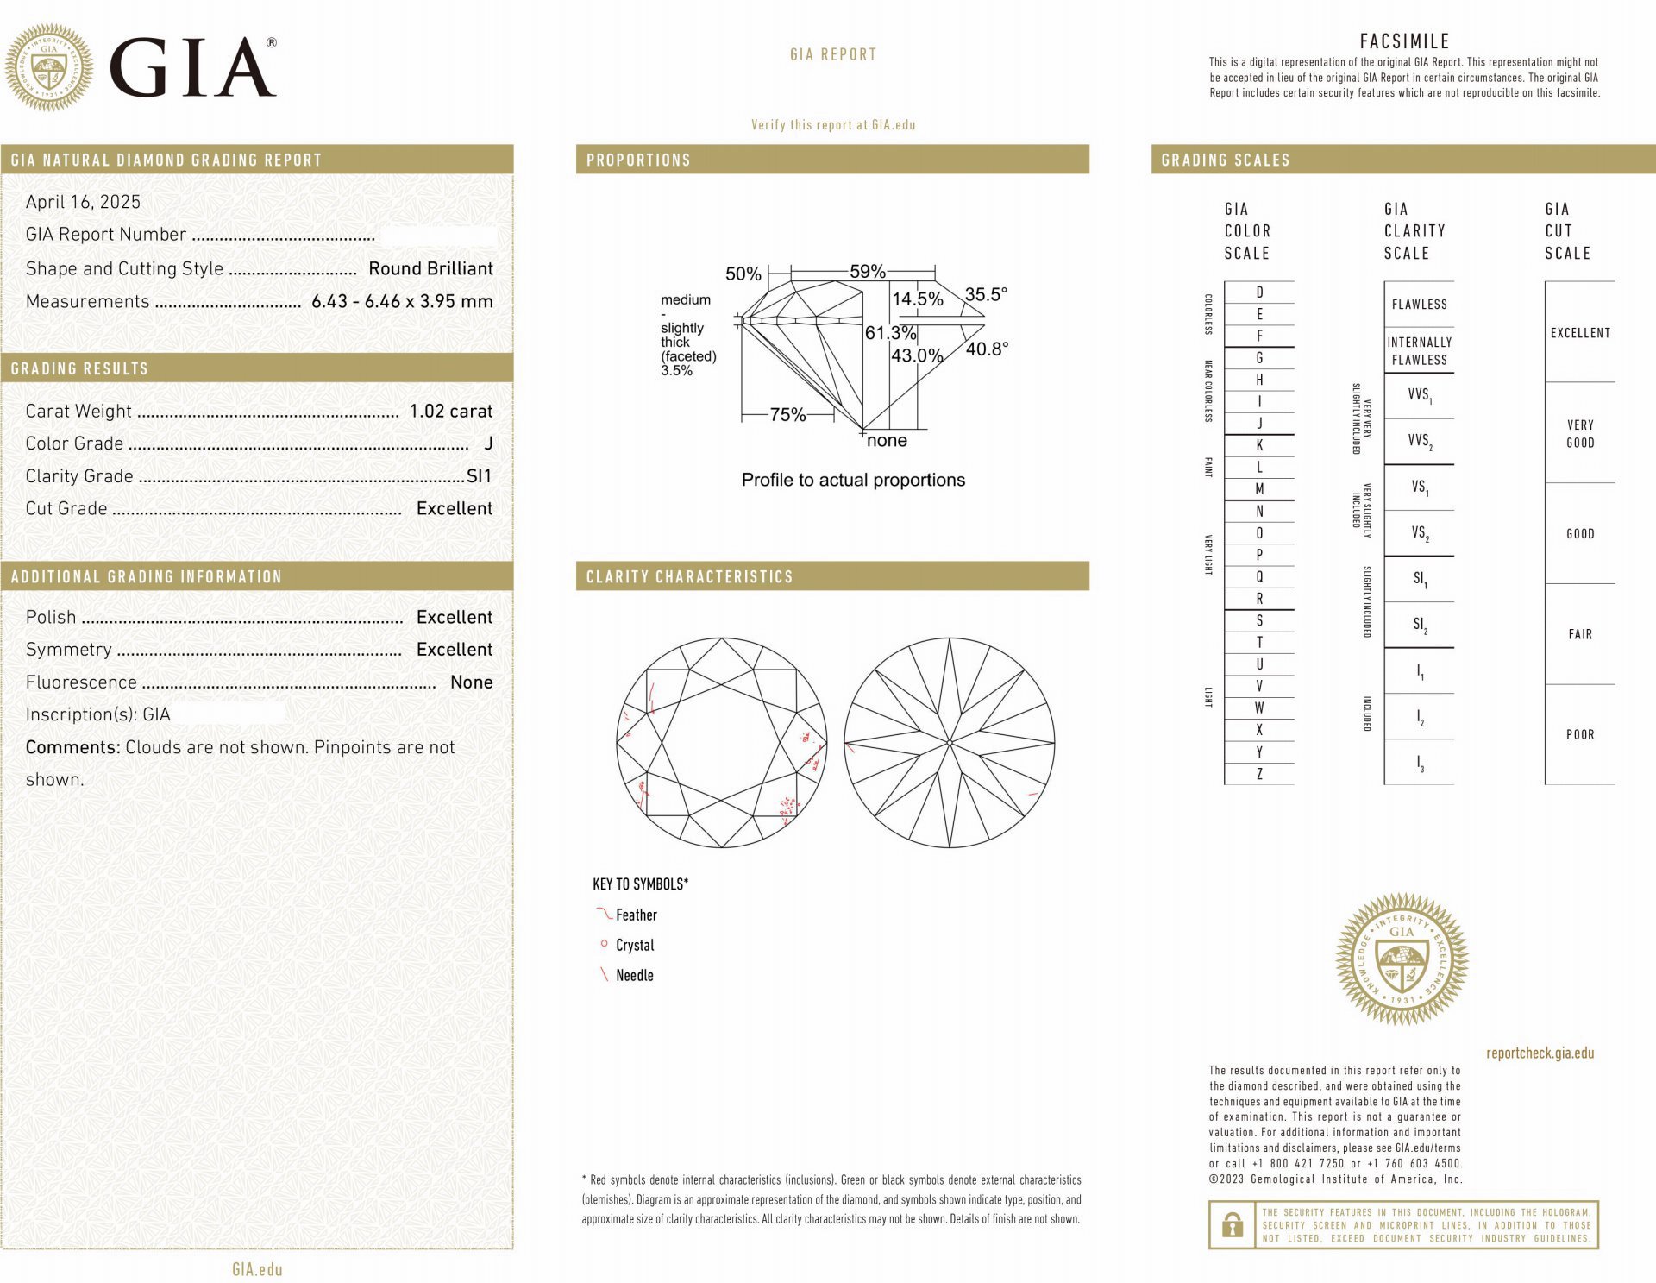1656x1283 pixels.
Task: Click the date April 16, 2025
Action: [83, 202]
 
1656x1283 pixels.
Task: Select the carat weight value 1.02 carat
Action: [451, 412]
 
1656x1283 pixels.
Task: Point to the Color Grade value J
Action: [488, 443]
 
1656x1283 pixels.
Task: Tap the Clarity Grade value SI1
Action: [479, 476]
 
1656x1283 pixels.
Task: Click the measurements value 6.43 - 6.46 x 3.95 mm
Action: [402, 302]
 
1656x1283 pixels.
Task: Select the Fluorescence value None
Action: [471, 682]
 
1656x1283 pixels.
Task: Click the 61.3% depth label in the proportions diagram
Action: [889, 333]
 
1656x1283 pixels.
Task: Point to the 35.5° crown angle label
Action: [986, 294]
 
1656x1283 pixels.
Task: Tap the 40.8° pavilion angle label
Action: [987, 349]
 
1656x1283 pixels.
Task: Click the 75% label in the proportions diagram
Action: [787, 415]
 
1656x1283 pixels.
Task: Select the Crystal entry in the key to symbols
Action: [635, 946]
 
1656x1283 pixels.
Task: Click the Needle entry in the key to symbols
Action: [634, 976]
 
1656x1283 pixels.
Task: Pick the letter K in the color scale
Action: [1259, 445]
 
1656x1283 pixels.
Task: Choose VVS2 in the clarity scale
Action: [1419, 441]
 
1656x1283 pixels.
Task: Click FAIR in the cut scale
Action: [1580, 635]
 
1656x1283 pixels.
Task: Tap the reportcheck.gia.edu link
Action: [1540, 1053]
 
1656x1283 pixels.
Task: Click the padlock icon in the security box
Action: [1233, 1225]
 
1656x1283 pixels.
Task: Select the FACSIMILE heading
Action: [1404, 41]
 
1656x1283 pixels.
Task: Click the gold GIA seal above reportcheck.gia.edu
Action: [1402, 959]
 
